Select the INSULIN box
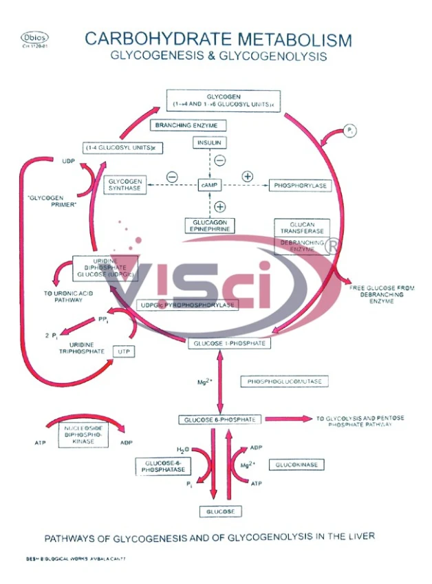click(x=209, y=143)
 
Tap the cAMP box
click(x=209, y=186)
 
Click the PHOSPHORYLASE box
click(x=300, y=186)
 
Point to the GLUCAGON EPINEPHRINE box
click(x=209, y=225)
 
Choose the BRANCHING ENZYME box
click(x=182, y=125)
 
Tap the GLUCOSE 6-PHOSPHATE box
click(x=219, y=419)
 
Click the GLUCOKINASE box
click(x=296, y=465)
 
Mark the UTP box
click(x=124, y=352)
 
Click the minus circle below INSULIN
click(x=219, y=161)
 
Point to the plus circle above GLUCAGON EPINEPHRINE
click(x=220, y=206)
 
